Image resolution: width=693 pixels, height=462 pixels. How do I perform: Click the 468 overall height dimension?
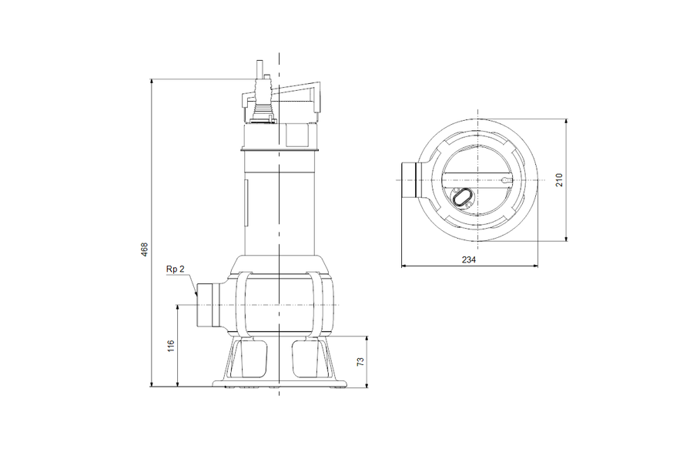coord(144,249)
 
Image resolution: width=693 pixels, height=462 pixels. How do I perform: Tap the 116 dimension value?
coord(171,346)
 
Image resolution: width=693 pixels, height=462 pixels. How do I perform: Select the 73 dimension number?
coord(360,361)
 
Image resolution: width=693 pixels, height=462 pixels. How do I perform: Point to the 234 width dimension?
coord(469,260)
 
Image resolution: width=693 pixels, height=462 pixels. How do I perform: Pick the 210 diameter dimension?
coord(559,180)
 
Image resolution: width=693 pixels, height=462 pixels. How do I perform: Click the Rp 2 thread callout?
coord(175,269)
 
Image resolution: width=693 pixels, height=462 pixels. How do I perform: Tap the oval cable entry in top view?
coord(462,197)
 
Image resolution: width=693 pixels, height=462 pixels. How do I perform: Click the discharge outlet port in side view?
coord(208,305)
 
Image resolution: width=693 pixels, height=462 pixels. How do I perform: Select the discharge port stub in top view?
coord(410,180)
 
